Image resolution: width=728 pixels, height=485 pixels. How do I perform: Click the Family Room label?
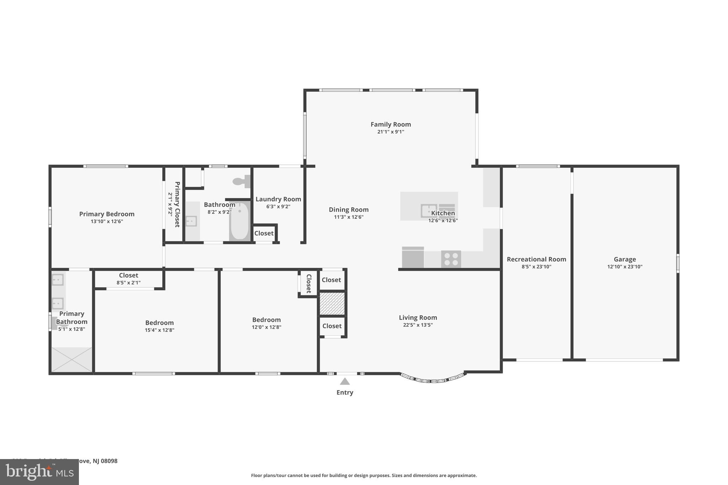click(x=391, y=124)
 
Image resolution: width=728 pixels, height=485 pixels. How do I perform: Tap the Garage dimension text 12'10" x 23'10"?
click(x=625, y=267)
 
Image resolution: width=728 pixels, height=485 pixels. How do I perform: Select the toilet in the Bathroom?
click(x=241, y=182)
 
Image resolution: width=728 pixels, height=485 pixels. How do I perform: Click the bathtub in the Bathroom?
click(x=240, y=221)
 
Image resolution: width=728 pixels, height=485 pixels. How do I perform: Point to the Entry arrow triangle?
click(x=344, y=381)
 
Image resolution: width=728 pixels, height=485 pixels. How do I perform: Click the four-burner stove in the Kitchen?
click(x=451, y=259)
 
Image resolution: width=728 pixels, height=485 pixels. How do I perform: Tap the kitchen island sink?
click(x=429, y=210)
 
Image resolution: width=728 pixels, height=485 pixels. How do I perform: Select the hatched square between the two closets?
click(x=332, y=303)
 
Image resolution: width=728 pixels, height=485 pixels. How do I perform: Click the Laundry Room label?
click(x=278, y=199)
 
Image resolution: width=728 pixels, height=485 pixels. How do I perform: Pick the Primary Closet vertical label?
click(x=177, y=204)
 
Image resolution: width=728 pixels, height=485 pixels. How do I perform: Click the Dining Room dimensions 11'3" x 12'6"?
click(x=348, y=217)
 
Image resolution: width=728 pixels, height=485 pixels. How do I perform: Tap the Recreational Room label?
click(x=536, y=259)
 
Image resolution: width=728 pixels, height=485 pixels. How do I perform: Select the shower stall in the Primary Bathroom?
click(x=72, y=360)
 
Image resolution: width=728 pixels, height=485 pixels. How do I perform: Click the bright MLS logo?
click(x=39, y=472)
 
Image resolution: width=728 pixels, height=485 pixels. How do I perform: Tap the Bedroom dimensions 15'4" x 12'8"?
click(x=159, y=330)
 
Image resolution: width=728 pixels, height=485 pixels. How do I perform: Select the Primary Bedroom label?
click(x=107, y=214)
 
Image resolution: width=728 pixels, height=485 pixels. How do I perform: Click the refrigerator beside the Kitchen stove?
click(x=413, y=257)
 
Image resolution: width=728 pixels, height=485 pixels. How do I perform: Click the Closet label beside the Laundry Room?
click(x=264, y=233)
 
